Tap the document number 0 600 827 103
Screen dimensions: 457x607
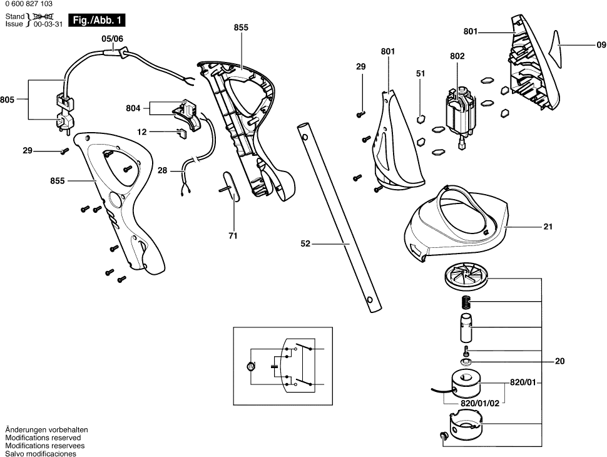(x=33, y=5)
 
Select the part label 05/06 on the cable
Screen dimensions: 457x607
(x=113, y=38)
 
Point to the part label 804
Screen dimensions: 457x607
(x=133, y=108)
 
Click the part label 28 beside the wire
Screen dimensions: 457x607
(x=163, y=170)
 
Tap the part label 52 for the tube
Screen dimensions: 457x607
(x=305, y=244)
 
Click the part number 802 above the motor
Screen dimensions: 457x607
(x=457, y=56)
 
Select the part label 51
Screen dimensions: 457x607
(x=421, y=73)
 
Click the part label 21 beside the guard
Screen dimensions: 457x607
(x=548, y=227)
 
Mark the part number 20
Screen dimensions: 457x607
(x=560, y=361)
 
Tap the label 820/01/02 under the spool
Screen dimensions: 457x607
(x=479, y=404)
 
